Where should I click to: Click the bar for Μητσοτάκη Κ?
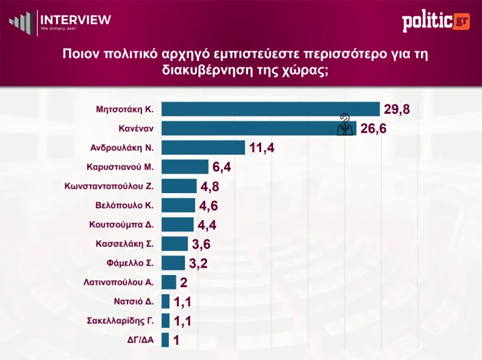tap(270, 109)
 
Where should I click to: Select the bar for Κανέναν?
tap(251, 128)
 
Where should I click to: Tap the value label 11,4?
tap(262, 147)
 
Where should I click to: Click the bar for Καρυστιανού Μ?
tap(185, 167)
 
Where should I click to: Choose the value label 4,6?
tap(209, 206)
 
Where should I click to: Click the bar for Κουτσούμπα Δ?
tap(177, 225)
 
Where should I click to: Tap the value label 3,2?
tap(199, 263)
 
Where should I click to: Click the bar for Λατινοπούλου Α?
tap(169, 282)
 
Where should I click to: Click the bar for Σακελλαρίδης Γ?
tap(165, 320)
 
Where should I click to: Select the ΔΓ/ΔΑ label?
tap(140, 340)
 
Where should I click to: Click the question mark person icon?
tap(344, 125)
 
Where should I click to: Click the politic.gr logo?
tap(435, 22)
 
